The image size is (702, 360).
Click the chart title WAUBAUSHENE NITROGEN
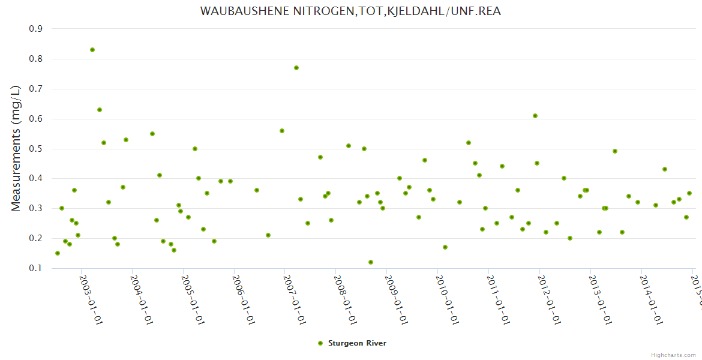click(x=350, y=11)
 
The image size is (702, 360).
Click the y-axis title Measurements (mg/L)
click(x=17, y=148)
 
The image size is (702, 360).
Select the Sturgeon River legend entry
click(x=356, y=343)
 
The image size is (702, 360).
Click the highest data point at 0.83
click(x=92, y=50)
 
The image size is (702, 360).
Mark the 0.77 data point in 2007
click(x=296, y=68)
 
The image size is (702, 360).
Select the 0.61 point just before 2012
click(x=535, y=116)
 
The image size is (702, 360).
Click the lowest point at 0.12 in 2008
click(x=371, y=262)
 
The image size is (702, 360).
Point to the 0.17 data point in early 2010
click(x=445, y=247)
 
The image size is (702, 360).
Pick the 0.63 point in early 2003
click(x=100, y=110)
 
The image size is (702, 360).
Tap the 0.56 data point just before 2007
click(x=282, y=131)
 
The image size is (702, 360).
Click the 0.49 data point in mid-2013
click(x=615, y=151)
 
